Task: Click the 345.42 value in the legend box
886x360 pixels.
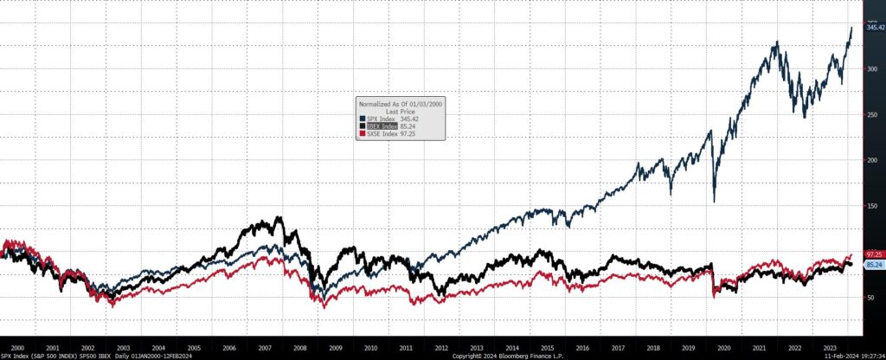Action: point(418,119)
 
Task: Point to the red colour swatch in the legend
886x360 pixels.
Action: point(362,132)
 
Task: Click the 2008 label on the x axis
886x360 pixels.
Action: point(300,346)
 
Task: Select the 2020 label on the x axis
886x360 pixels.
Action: point(726,346)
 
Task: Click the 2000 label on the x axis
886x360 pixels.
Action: point(17,346)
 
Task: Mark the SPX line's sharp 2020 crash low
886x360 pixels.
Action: point(714,202)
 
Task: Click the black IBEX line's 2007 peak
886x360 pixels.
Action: point(278,217)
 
